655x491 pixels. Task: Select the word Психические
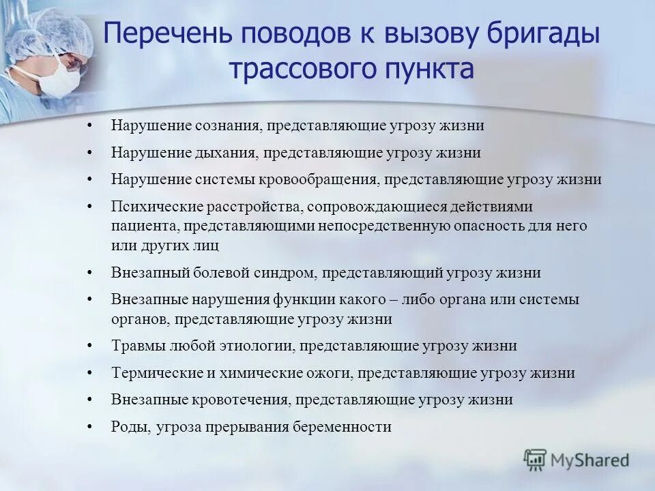tap(150, 206)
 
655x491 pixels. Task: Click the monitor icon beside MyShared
tap(536, 460)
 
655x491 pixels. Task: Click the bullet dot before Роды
tap(90, 427)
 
